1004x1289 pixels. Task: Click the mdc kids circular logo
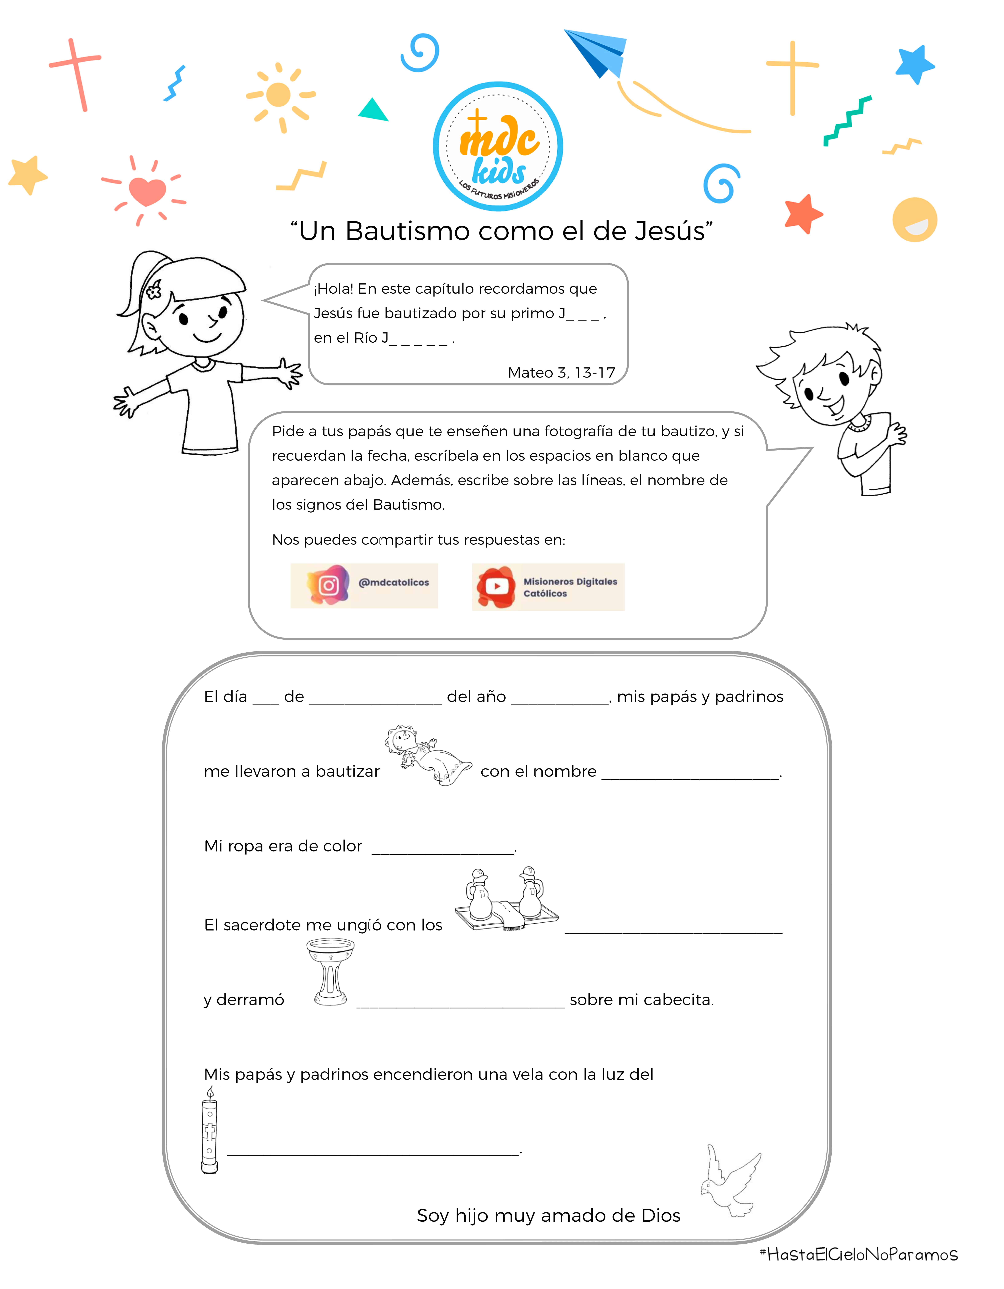[x=498, y=146]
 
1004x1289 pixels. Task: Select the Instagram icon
[x=328, y=585]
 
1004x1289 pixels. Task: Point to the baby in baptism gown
[x=426, y=754]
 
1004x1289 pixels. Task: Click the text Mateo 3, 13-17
[x=561, y=372]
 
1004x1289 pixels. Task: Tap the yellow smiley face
[x=914, y=220]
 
